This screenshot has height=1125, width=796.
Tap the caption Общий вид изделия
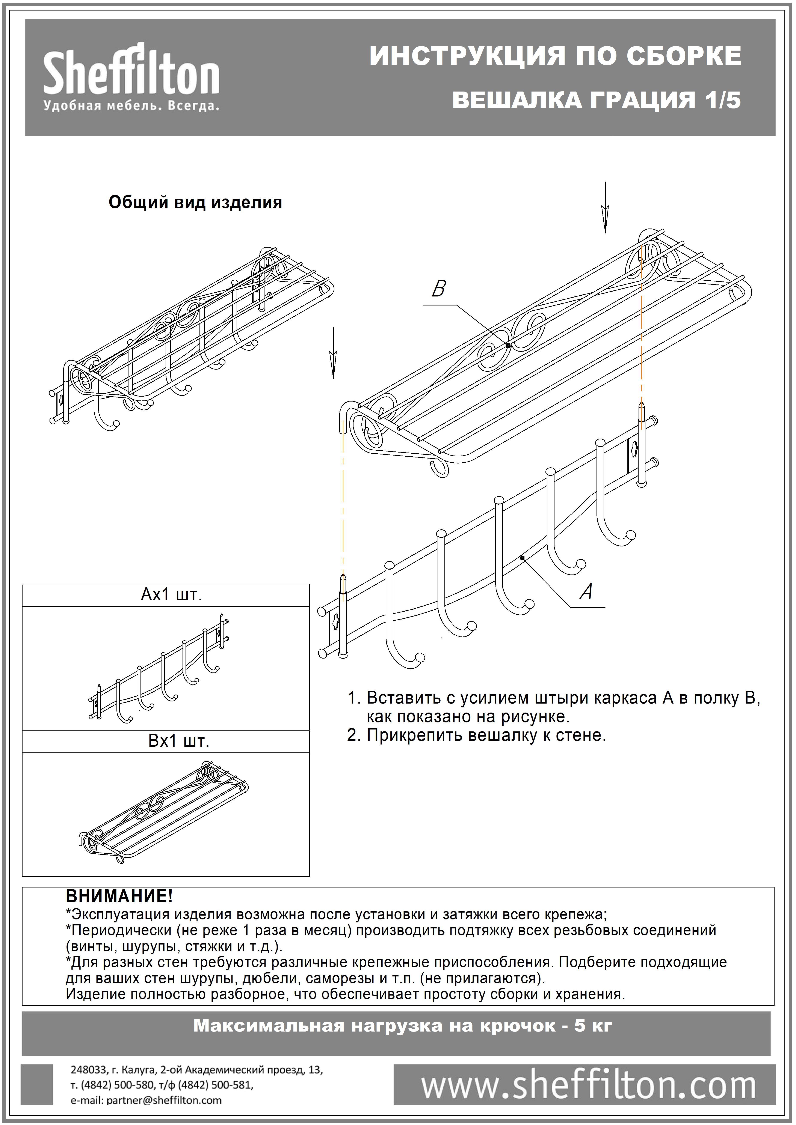(x=195, y=202)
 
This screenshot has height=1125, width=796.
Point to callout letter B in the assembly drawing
(x=439, y=289)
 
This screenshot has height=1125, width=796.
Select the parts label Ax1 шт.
(x=171, y=595)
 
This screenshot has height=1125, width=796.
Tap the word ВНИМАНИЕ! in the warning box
(x=119, y=896)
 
